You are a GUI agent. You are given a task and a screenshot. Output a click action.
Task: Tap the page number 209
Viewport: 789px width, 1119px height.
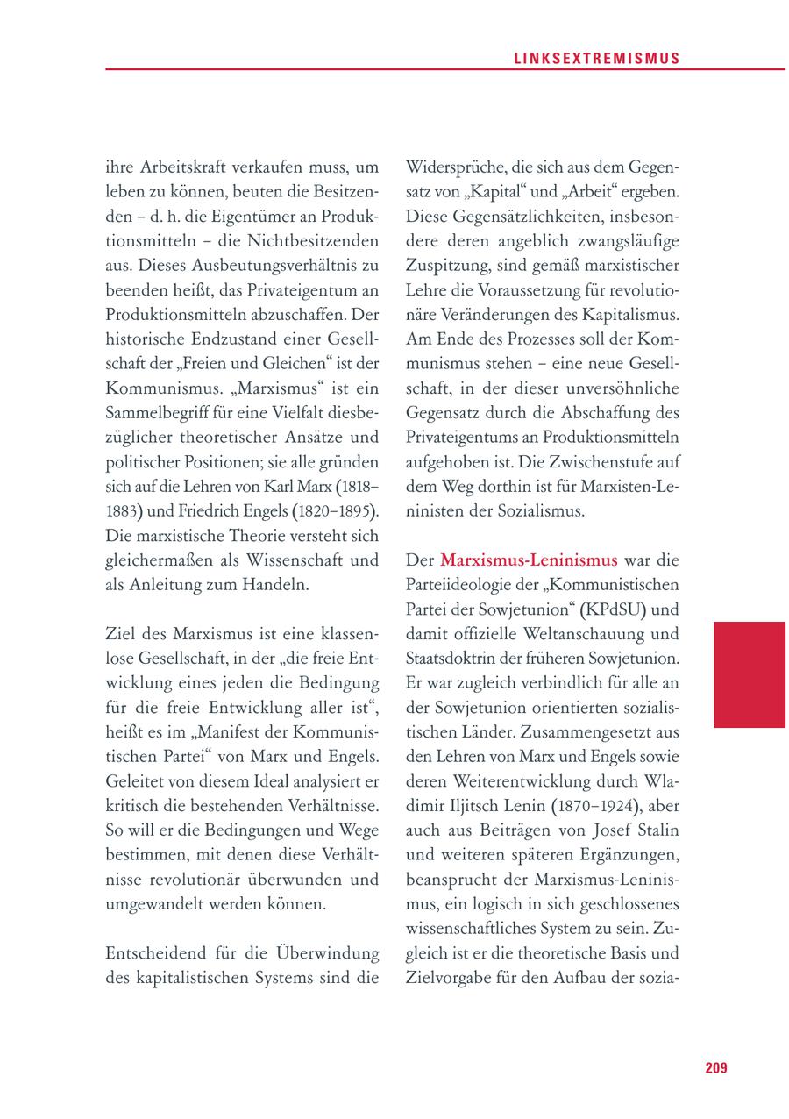click(x=715, y=1067)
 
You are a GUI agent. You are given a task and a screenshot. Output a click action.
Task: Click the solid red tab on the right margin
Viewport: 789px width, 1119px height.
click(x=749, y=674)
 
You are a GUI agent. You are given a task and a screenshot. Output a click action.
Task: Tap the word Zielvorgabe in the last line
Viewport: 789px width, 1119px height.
click(x=451, y=976)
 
